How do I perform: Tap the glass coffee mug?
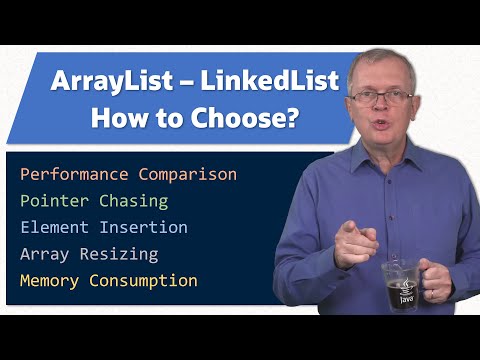pyautogui.click(x=403, y=288)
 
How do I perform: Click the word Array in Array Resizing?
pyautogui.click(x=43, y=254)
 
